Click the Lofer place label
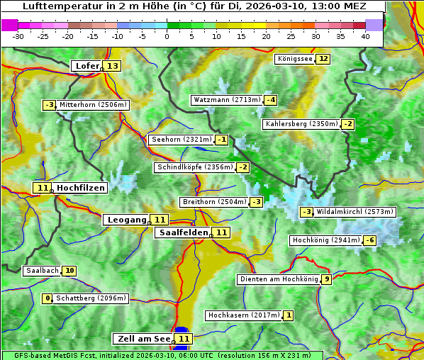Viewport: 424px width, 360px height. (87, 66)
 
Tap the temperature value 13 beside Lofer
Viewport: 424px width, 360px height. (113, 66)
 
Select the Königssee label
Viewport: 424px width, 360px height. (294, 59)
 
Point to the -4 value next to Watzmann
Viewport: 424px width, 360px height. (271, 100)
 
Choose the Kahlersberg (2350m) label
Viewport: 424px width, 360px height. (301, 124)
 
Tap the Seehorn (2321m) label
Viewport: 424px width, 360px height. (182, 140)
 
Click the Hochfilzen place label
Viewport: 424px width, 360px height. (81, 188)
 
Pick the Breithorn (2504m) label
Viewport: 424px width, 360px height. (213, 202)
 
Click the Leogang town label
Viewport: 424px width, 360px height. (127, 220)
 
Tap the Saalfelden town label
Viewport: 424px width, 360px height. (184, 232)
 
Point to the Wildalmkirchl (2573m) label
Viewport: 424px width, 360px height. (355, 211)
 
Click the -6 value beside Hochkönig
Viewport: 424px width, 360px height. (370, 240)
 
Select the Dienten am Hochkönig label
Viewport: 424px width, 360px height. (278, 279)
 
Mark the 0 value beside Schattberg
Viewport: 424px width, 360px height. (48, 298)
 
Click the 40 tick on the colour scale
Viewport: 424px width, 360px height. (365, 36)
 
